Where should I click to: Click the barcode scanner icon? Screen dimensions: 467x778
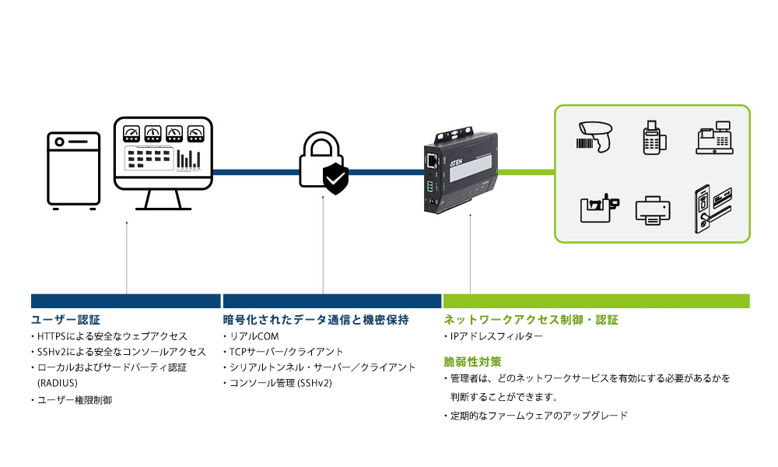click(x=596, y=136)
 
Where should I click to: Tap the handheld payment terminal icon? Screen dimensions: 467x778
click(x=653, y=137)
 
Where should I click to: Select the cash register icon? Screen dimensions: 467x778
click(x=715, y=138)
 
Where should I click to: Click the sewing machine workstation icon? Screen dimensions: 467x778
click(x=598, y=209)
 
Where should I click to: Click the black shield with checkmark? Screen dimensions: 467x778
click(x=336, y=178)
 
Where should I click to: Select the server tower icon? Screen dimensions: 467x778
click(x=74, y=170)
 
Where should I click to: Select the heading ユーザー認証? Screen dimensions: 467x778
click(x=65, y=320)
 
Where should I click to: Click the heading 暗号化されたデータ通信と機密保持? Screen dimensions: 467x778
click(x=316, y=320)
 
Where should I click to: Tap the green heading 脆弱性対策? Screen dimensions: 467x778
click(x=472, y=362)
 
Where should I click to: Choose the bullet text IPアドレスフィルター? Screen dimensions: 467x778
click(x=496, y=336)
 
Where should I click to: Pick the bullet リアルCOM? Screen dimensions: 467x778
click(x=254, y=336)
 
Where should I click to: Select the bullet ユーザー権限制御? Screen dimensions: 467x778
click(x=75, y=400)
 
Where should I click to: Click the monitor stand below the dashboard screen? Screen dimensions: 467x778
click(x=163, y=201)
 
